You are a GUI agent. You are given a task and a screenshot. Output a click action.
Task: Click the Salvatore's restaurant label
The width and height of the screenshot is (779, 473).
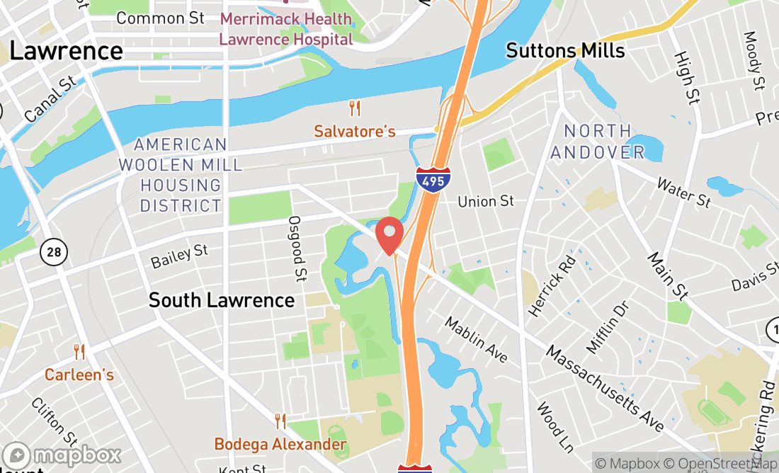coord(355,132)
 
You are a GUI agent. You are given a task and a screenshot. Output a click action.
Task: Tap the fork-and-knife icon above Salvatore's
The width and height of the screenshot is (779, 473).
coord(355,108)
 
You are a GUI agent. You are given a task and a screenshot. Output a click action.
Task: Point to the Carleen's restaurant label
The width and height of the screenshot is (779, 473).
coord(79,375)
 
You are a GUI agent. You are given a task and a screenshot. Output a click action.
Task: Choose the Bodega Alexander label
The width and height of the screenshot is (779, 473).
coord(281,445)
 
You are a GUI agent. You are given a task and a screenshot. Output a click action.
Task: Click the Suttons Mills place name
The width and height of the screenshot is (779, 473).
coord(565,51)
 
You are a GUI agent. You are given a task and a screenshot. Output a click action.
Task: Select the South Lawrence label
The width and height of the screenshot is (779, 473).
coord(221,300)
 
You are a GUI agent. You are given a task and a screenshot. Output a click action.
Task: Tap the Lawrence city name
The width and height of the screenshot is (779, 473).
coord(67,51)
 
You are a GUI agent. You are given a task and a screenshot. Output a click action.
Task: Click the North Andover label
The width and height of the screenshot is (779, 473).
coord(598,142)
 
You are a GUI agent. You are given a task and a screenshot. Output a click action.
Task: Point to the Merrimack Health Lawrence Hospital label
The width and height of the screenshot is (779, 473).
coord(285,28)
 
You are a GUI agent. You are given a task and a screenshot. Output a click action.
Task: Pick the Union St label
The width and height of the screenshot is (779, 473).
coord(486,202)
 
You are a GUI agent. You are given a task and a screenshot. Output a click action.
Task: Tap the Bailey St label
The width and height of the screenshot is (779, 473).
coord(180,256)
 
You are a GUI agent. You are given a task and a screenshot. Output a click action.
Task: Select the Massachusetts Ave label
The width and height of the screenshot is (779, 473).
coord(605,389)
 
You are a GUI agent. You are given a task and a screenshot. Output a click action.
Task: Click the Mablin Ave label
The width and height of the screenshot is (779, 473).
coord(477,339)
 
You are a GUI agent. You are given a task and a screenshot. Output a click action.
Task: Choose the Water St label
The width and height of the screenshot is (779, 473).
coord(683,193)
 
